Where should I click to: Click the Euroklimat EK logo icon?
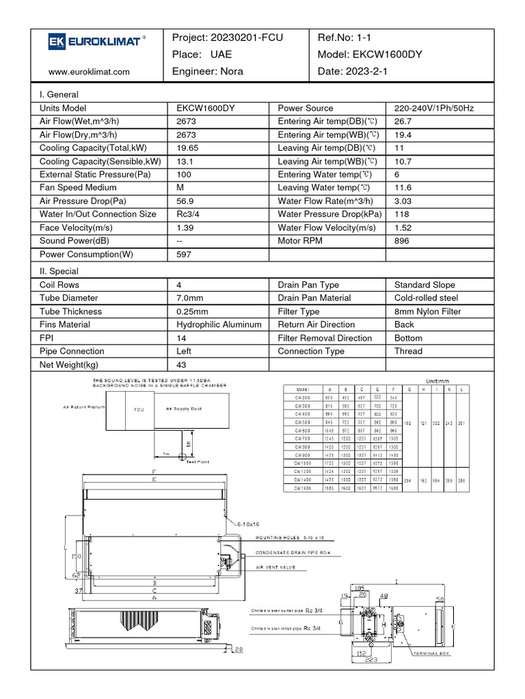click(x=55, y=42)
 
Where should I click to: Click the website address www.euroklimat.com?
click(x=89, y=71)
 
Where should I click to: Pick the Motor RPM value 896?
click(x=402, y=241)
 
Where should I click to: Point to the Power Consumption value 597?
click(x=184, y=255)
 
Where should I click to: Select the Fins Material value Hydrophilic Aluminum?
click(x=219, y=325)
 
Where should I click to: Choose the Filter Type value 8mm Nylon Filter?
click(x=427, y=312)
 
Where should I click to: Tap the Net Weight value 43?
click(x=181, y=365)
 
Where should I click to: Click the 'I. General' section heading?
click(x=59, y=95)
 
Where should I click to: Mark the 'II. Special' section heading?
click(x=59, y=272)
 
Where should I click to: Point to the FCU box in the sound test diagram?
click(x=139, y=410)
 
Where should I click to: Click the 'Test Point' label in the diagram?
click(x=198, y=462)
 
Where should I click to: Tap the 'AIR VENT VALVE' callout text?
click(x=276, y=567)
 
